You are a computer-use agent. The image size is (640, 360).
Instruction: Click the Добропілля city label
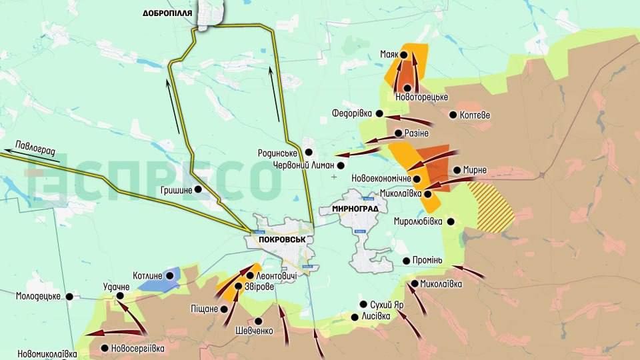tap(167, 13)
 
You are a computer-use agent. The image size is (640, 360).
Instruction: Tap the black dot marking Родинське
tap(309, 152)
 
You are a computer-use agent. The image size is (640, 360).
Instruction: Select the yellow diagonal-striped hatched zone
tap(491, 207)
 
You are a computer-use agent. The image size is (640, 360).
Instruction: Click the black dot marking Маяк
tap(403, 55)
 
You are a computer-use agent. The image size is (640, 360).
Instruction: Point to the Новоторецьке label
tap(421, 97)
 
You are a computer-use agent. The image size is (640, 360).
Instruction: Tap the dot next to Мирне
tap(457, 170)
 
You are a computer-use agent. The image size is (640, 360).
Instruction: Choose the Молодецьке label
tap(39, 296)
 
